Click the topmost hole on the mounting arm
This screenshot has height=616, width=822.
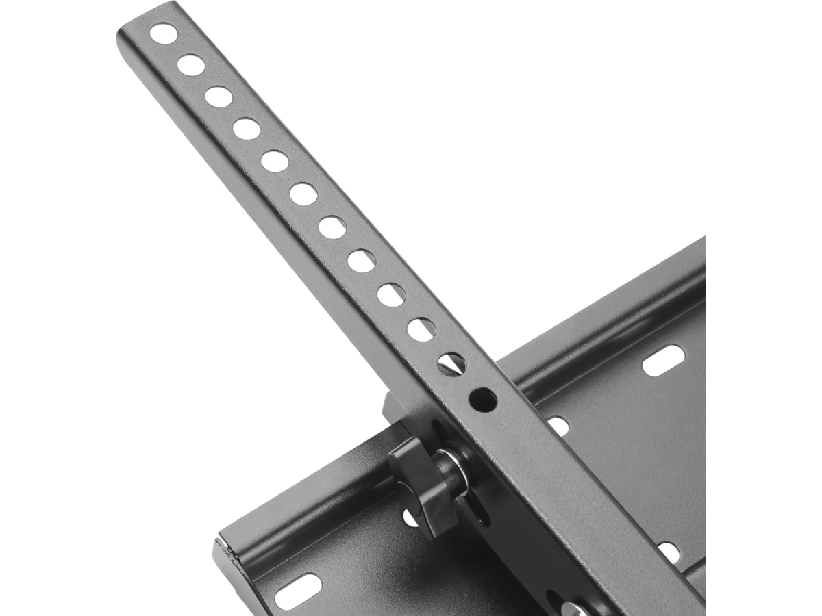tap(164, 33)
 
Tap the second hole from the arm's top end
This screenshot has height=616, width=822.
tap(191, 65)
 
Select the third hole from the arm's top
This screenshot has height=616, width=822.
tap(219, 97)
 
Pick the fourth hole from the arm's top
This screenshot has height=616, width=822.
tap(247, 129)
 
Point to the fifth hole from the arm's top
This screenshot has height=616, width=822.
tap(275, 162)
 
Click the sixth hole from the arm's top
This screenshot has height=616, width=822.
tap(303, 194)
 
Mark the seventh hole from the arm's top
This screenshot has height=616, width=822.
tap(332, 227)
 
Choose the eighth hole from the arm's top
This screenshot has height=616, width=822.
tap(361, 261)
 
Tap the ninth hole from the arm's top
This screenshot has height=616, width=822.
tap(390, 294)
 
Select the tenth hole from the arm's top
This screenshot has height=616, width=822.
tap(421, 329)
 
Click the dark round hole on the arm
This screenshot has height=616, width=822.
tap(483, 400)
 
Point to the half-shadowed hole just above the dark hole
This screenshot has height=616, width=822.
tap(451, 363)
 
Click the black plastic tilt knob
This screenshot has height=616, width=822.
tap(421, 486)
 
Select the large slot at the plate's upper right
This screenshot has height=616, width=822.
tap(663, 360)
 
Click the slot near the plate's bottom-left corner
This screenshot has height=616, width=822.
tap(297, 591)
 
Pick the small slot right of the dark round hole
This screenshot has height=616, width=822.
tap(558, 426)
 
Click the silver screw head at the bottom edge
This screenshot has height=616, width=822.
tap(573, 608)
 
